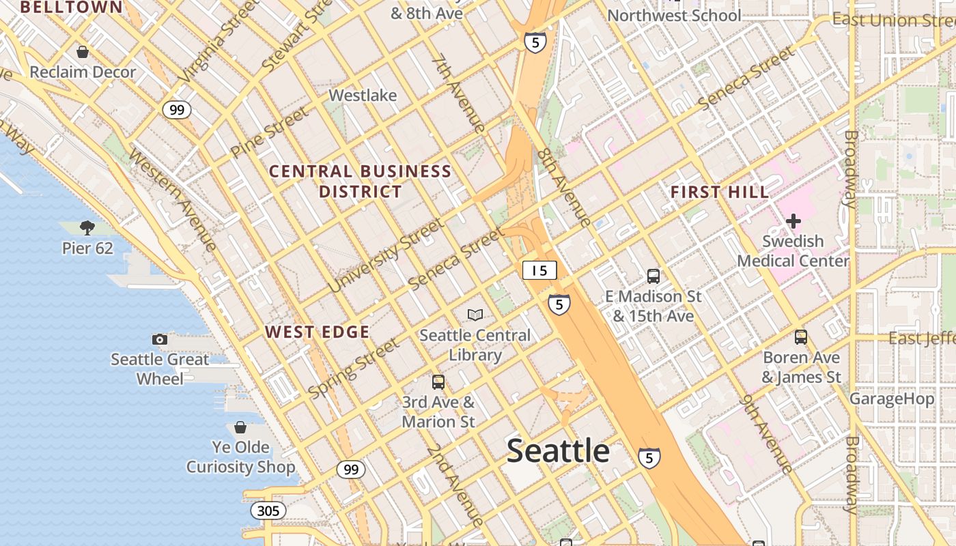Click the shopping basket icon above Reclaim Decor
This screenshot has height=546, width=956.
point(83,52)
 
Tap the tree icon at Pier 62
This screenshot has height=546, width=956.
point(87,227)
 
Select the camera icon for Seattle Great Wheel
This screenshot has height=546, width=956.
point(159,339)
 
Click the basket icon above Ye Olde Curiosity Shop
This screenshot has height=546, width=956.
point(240,427)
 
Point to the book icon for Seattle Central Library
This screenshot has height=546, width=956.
point(475,315)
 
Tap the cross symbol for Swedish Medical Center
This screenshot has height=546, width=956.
point(793,221)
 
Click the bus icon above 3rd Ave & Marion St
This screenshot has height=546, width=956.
point(438,382)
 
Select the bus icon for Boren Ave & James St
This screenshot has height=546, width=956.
point(801,337)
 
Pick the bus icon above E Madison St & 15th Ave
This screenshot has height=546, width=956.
point(653,276)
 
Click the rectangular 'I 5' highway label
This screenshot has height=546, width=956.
point(539,270)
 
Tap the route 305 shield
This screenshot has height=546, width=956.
point(268,511)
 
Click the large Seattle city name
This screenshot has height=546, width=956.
point(558,451)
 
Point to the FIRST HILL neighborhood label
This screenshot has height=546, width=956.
point(720,192)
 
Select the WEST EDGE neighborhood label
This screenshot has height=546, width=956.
point(318,332)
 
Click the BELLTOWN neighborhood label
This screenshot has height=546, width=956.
point(71,8)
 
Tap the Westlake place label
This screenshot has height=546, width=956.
point(363,96)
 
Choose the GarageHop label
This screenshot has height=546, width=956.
point(892,399)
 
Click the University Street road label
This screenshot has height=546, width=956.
point(386,255)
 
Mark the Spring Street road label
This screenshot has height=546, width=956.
point(354,368)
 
